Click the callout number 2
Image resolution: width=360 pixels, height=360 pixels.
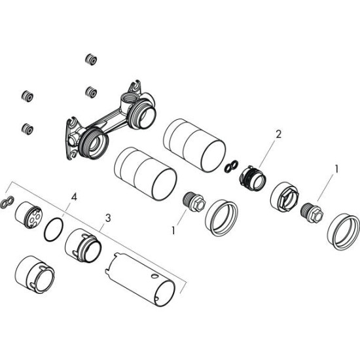coord(278,134)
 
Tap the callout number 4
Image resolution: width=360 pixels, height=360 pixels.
coord(74,197)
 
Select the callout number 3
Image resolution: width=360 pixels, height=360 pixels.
coord(108,218)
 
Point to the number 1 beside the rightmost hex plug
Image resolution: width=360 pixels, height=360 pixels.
coord(336,170)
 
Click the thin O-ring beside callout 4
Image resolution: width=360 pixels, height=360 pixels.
coord(54,230)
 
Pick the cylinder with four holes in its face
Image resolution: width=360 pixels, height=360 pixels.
coord(29,215)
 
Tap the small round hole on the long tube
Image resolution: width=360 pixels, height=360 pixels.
coord(154,276)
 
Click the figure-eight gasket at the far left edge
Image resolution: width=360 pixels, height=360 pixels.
coord(7,202)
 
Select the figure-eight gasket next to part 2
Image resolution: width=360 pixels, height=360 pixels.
coord(231,166)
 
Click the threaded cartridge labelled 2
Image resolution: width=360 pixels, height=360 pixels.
coord(253,178)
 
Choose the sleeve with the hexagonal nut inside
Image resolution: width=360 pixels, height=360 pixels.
coord(285,196)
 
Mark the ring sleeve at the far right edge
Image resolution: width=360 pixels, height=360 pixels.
coord(344,232)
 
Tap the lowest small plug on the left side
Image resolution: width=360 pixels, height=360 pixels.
coord(27,129)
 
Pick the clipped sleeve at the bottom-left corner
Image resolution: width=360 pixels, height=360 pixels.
coord(34,275)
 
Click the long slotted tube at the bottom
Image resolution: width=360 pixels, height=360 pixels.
coord(140,279)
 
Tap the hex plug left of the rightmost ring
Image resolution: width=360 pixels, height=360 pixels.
coord(312,213)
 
